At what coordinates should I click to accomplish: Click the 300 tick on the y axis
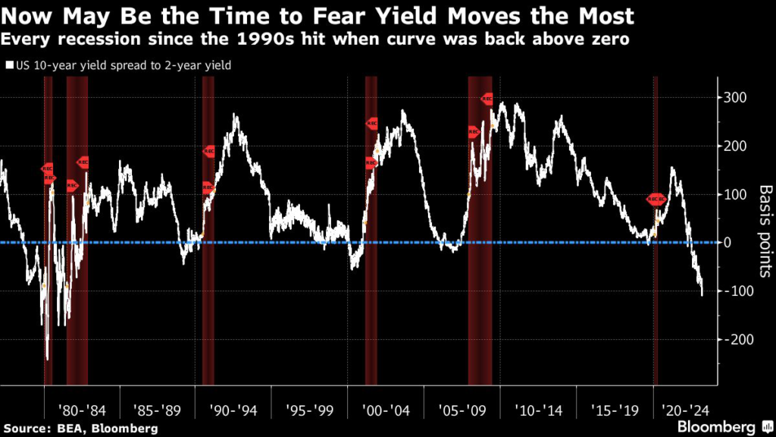point(737,98)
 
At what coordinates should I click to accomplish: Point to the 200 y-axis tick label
point(737,146)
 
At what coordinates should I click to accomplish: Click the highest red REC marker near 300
point(487,99)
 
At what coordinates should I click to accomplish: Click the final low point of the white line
point(702,295)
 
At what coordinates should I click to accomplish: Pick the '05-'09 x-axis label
point(461,410)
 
